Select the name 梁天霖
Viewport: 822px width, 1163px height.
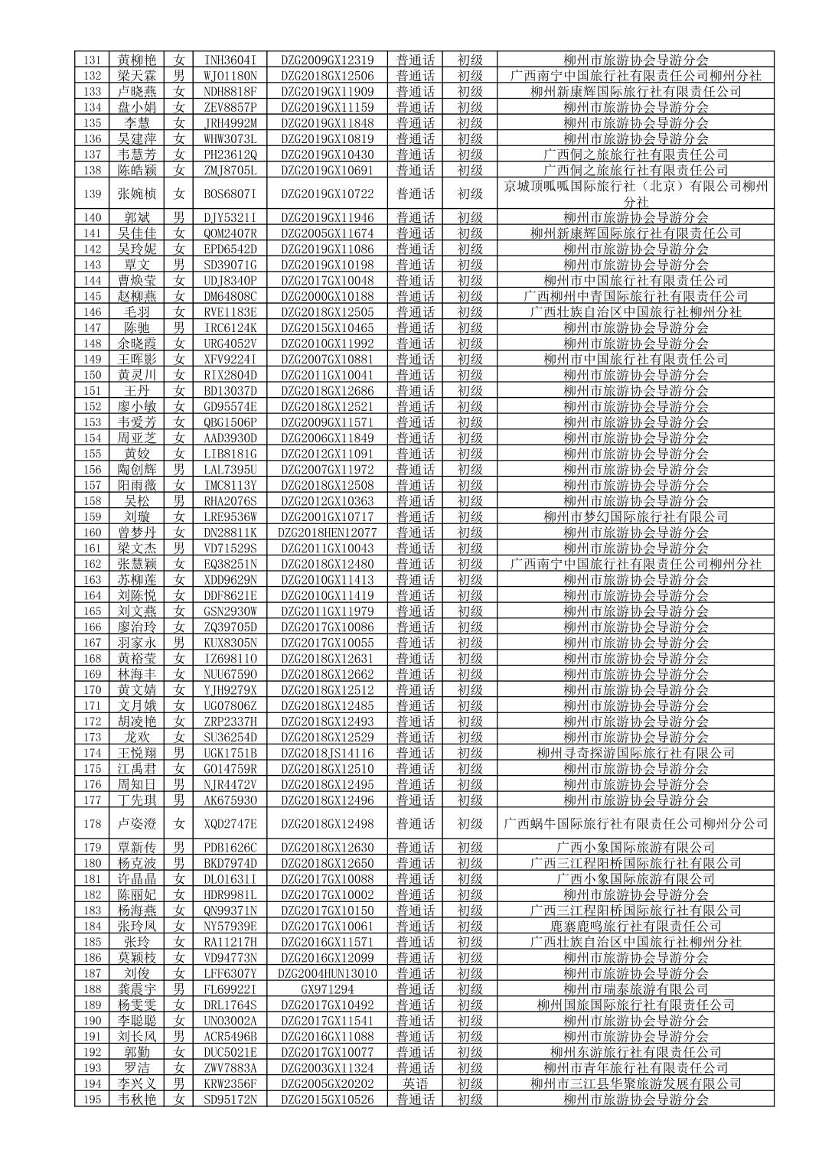pos(137,76)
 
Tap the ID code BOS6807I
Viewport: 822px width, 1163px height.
pos(230,194)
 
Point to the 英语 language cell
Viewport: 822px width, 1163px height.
pos(415,1083)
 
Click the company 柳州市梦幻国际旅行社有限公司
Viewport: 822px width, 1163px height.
pos(635,516)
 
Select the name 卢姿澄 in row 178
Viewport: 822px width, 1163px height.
pos(137,824)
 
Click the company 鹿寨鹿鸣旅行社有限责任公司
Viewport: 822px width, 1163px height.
pos(635,927)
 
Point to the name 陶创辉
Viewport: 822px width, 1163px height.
pos(137,469)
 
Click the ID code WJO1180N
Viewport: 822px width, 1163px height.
pos(230,76)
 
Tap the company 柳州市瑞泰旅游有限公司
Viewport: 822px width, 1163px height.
pos(635,989)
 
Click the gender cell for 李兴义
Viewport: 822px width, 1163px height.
pos(179,1083)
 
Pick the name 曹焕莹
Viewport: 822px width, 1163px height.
pos(137,280)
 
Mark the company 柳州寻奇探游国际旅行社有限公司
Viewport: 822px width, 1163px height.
pos(635,753)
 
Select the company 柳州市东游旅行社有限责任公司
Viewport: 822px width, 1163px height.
pos(635,1052)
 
